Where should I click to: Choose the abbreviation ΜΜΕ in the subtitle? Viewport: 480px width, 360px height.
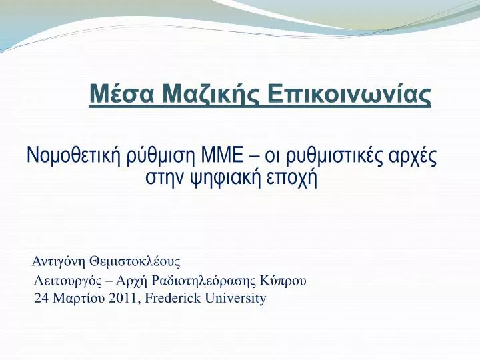[222, 155]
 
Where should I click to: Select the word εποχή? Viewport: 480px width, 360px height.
[291, 179]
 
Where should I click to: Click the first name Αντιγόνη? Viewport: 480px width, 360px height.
[58, 262]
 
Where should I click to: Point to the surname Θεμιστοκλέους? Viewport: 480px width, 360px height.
[135, 261]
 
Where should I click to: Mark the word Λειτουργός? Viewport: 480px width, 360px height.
[67, 281]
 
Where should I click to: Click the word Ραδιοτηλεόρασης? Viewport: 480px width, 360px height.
[203, 281]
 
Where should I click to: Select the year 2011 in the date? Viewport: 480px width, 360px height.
[124, 298]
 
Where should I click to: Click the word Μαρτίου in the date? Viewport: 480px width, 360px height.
[79, 299]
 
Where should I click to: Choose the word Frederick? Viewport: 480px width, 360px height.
[173, 298]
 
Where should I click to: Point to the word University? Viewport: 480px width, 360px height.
[235, 299]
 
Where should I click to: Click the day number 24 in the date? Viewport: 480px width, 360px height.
[41, 298]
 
